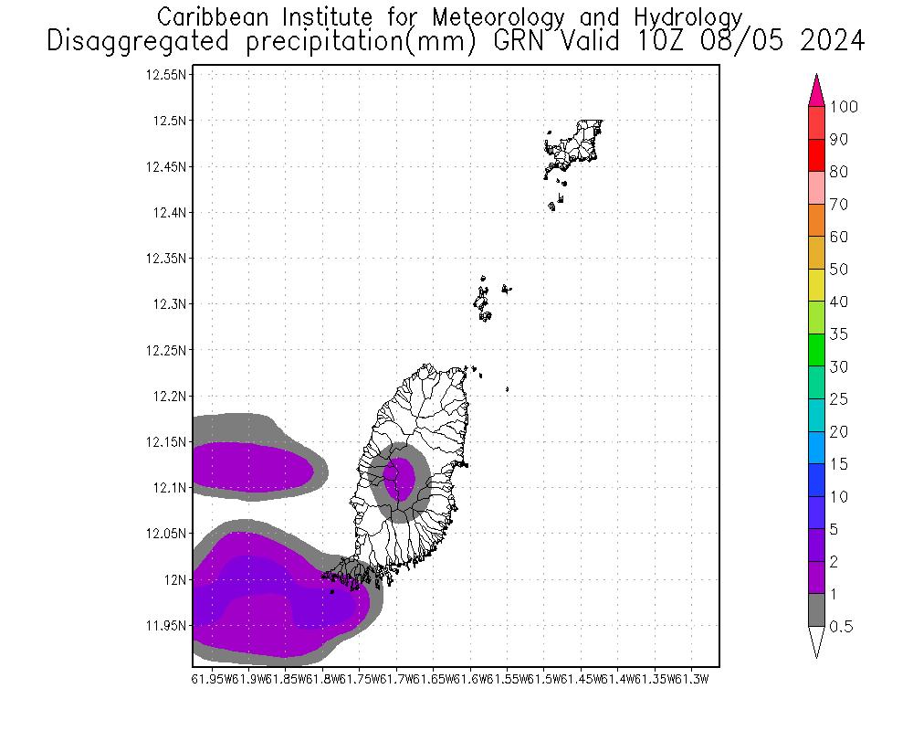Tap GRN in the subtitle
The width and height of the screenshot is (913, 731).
coord(536,41)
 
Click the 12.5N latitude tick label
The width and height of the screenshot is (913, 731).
coord(171,121)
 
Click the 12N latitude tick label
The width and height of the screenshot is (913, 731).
coord(175,579)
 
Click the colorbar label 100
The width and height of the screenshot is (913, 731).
coord(844,107)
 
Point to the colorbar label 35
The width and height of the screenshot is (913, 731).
coord(838,334)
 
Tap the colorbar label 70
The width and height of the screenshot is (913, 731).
coord(838,205)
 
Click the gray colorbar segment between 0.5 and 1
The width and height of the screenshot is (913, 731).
coord(817,610)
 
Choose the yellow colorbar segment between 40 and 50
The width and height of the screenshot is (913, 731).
coord(817,286)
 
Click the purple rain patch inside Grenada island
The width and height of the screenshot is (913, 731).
coord(399,478)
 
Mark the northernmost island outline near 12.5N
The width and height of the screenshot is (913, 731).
coord(576,143)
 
